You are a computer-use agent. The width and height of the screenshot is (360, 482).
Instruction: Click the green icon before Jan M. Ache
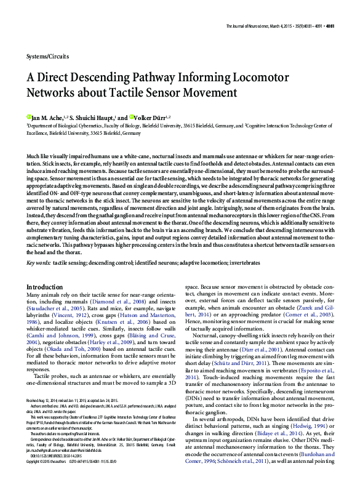(x=29, y=118)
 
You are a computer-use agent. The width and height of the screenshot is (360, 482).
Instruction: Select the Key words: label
(x=39, y=262)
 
